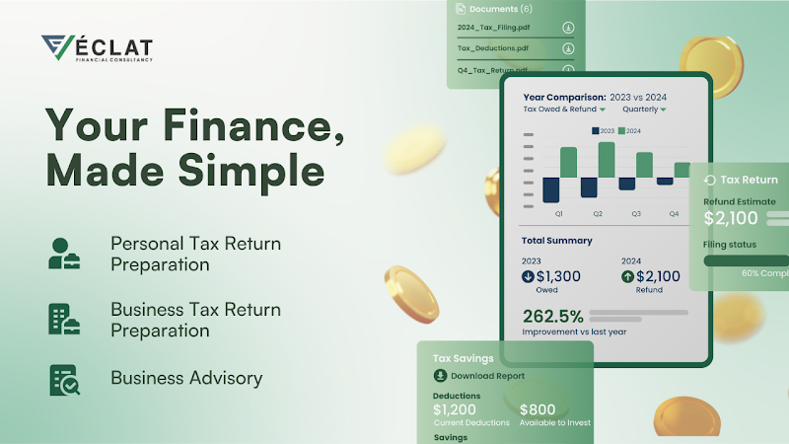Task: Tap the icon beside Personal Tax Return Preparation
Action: pos(65,253)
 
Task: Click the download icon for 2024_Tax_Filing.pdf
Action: pos(568,28)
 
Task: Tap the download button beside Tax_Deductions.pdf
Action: pos(568,48)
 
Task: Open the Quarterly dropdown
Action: pos(644,110)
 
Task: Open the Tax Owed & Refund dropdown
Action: pos(564,110)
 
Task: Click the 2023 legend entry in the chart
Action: pos(604,130)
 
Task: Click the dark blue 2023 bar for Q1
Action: pos(551,190)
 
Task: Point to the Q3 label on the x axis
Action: pos(636,213)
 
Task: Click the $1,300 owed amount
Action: pos(558,277)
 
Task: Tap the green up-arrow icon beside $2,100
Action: pos(628,277)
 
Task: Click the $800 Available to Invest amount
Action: pos(538,408)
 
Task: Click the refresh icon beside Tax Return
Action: pos(709,181)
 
